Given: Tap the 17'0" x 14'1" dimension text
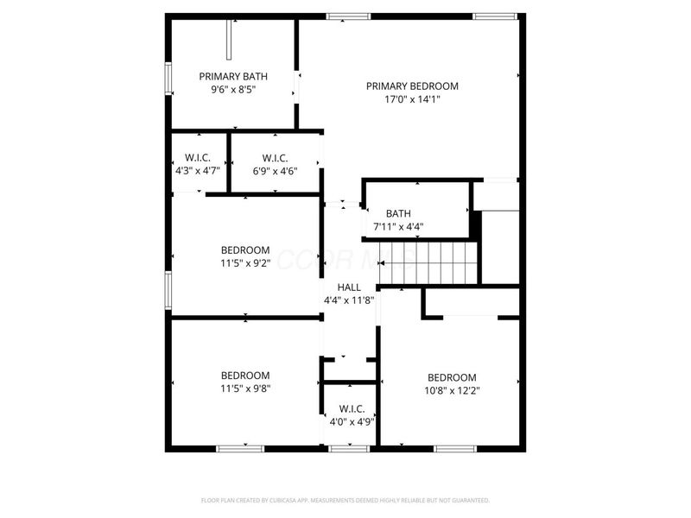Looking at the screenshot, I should pos(412,99).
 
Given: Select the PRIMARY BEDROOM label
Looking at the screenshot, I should pos(412,86).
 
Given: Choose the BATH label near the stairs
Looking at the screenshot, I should pos(398,214).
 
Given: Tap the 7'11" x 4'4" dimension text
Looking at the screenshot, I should pos(398,228).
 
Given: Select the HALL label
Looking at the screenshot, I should pos(349,287).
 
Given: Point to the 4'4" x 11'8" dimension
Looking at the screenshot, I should pos(349,300).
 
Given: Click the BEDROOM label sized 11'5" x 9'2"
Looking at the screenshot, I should pos(245,250).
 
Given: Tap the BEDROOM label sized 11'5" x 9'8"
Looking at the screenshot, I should pos(245,376).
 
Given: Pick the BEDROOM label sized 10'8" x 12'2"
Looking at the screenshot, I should pos(453,377).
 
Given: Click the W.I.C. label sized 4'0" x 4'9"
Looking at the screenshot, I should pos(352,409).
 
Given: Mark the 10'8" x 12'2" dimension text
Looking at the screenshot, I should pos(453,391).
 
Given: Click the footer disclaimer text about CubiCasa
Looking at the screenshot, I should pos(345,500).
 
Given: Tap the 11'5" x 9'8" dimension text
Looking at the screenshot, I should pos(245,389).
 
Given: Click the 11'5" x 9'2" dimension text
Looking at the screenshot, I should pos(245,264).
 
